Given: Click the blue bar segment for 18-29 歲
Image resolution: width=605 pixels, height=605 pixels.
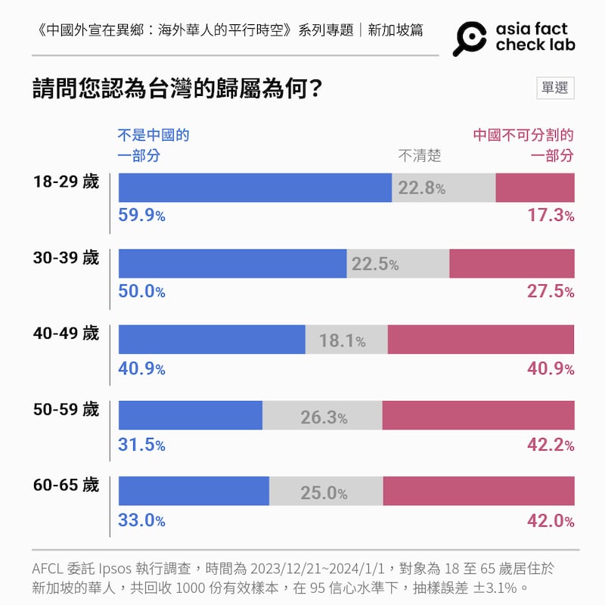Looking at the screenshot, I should tap(255, 188).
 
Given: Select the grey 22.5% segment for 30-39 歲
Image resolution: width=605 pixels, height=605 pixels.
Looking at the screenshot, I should tap(398, 263).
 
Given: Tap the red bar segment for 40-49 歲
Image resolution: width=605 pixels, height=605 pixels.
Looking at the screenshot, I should tap(481, 340).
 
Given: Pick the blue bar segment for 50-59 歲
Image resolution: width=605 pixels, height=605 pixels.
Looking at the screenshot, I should tap(191, 415).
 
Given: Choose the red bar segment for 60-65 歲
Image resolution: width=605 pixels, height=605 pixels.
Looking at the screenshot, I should tap(479, 491).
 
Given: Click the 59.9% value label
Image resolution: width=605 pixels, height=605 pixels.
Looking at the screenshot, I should tap(141, 216).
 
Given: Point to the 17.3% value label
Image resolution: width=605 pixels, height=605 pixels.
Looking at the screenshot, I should tap(551, 216).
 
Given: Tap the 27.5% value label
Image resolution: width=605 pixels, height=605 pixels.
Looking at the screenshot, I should tap(551, 291).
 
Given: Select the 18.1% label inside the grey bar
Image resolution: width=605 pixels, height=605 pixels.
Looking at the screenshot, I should tap(342, 341).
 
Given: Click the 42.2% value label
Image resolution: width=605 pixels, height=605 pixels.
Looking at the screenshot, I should tap(551, 445).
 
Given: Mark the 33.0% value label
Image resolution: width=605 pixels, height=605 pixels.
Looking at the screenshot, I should tap(141, 520).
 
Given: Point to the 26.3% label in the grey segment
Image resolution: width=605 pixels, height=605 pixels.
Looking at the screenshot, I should tap(324, 417).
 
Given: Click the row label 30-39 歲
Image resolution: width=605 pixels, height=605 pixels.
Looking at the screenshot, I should tap(66, 258).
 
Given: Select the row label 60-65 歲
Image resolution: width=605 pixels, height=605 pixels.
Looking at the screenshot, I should tap(66, 485).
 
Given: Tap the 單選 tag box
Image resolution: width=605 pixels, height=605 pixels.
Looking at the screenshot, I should tap(555, 88).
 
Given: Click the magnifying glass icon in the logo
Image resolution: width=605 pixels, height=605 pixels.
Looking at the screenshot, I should tap(470, 38).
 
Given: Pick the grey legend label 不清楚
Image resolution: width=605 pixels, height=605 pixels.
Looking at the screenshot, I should tap(420, 156).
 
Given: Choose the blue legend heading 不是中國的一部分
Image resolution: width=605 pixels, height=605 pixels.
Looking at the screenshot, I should tap(154, 146).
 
